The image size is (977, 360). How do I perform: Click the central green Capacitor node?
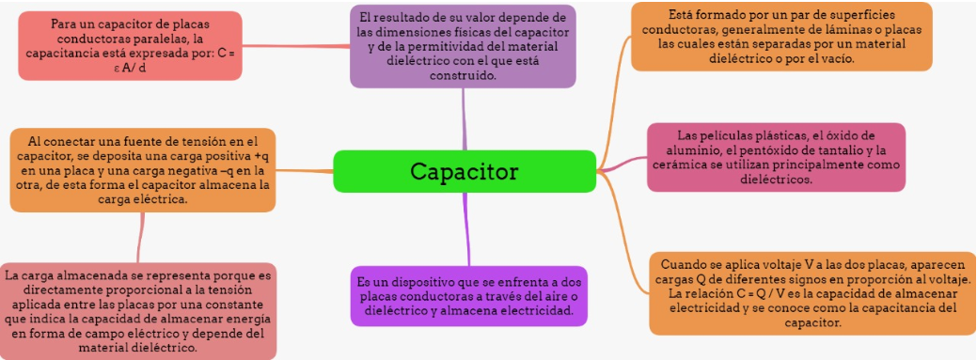(465, 171)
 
